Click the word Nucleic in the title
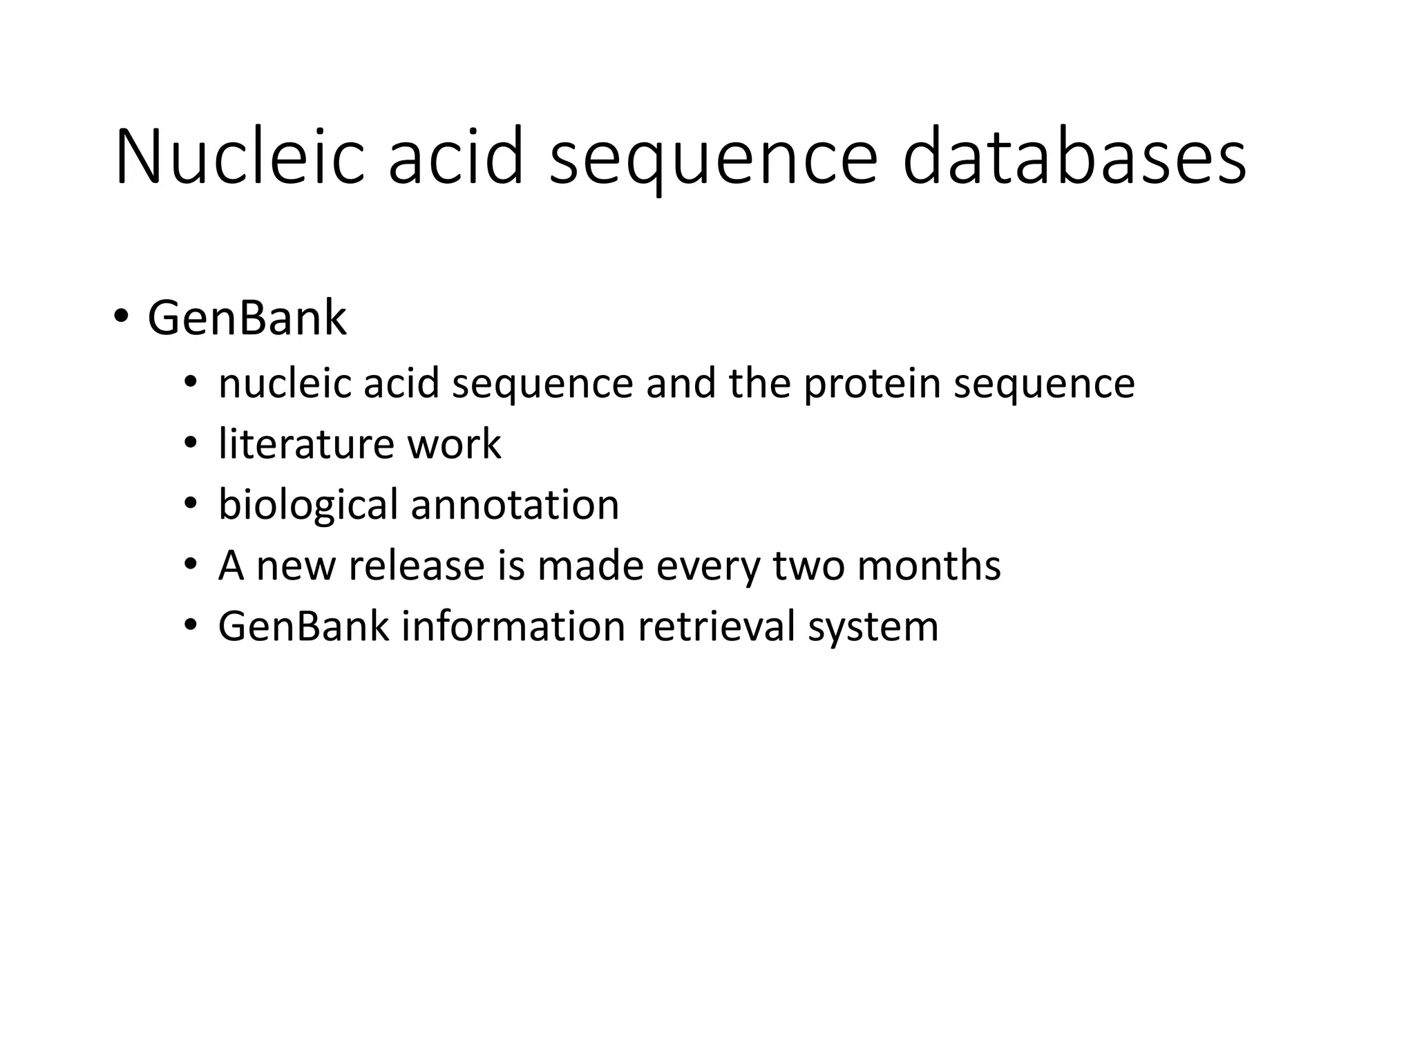pos(239,157)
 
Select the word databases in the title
pos(1074,157)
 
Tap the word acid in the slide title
pos(455,157)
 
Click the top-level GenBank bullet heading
pos(247,318)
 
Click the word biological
pos(308,504)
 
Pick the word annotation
pos(515,504)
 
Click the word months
pos(929,565)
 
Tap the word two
pos(808,565)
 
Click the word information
pos(513,626)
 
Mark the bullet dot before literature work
pos(191,443)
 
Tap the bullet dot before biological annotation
pos(191,504)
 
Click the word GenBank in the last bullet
pos(303,626)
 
